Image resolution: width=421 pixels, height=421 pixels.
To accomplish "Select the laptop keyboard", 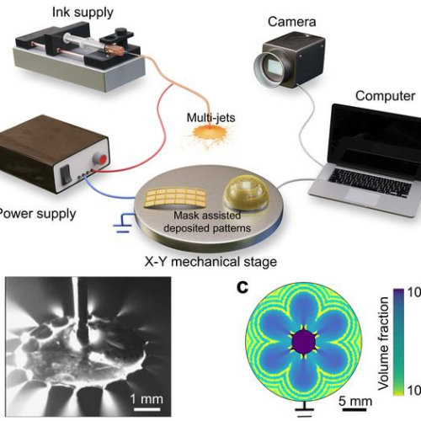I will point(362,178).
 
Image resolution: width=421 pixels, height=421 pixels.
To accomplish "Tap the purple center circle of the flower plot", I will point(301,343).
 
